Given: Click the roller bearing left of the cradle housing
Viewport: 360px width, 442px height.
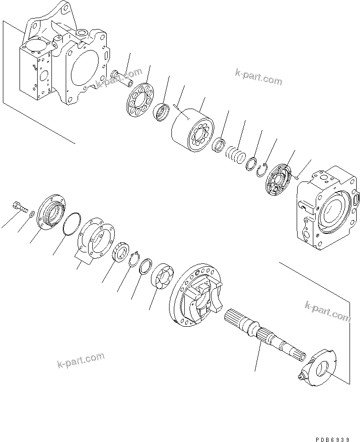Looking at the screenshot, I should (161, 276).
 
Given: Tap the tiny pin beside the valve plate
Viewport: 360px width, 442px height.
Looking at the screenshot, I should (296, 178).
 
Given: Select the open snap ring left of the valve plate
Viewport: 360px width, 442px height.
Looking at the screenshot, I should (260, 170).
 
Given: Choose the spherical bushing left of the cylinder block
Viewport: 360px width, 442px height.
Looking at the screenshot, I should (162, 112).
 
